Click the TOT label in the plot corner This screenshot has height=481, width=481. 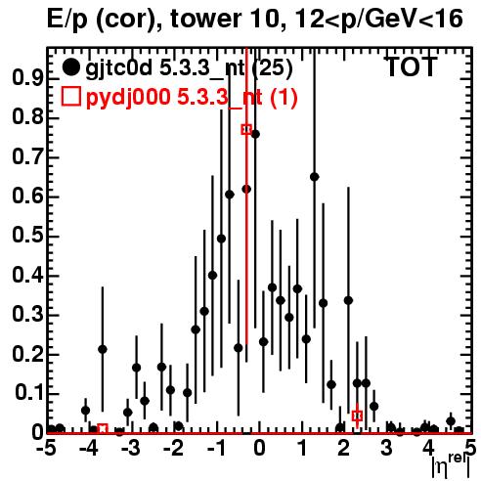[x=411, y=67]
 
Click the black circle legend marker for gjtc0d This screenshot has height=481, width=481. [x=70, y=67]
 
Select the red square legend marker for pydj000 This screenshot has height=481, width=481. [x=71, y=96]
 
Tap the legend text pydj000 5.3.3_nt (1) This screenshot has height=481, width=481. [x=192, y=97]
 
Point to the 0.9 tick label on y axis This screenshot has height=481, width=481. [x=27, y=78]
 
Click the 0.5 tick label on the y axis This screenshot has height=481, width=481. [x=27, y=236]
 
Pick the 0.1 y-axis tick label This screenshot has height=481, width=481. [x=28, y=393]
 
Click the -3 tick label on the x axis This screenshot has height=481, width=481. [x=131, y=449]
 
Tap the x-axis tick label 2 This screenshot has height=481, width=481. [x=344, y=449]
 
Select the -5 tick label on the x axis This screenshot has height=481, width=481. [x=46, y=449]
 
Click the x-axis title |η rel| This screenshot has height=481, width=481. [x=451, y=464]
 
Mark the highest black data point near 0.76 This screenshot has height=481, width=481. [x=255, y=134]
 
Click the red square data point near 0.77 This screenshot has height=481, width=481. [x=246, y=129]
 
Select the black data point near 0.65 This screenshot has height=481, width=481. [x=315, y=177]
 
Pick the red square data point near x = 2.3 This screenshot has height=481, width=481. [x=357, y=415]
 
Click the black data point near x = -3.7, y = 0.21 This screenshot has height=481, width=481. [x=103, y=349]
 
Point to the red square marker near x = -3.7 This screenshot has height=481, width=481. [x=103, y=429]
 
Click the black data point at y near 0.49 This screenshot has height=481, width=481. [x=221, y=239]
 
